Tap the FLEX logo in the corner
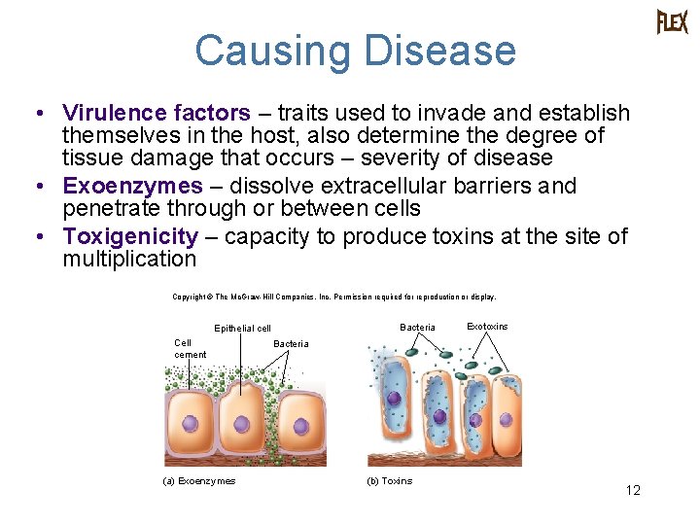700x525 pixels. (672, 21)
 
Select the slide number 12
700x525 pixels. (633, 491)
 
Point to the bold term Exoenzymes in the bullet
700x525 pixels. (132, 186)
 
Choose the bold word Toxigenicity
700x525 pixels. (130, 236)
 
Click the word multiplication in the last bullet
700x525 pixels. (129, 259)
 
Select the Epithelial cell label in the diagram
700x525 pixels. (242, 329)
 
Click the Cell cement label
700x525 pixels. (190, 348)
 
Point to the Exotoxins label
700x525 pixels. (487, 327)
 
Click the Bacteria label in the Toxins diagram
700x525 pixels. (418, 328)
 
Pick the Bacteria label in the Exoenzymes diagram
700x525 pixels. (291, 344)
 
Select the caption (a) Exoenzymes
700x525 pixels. (199, 481)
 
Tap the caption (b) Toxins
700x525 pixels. (389, 481)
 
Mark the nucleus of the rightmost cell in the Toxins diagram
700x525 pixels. (475, 420)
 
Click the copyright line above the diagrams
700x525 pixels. (333, 297)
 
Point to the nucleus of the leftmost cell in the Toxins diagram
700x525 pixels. (394, 398)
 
